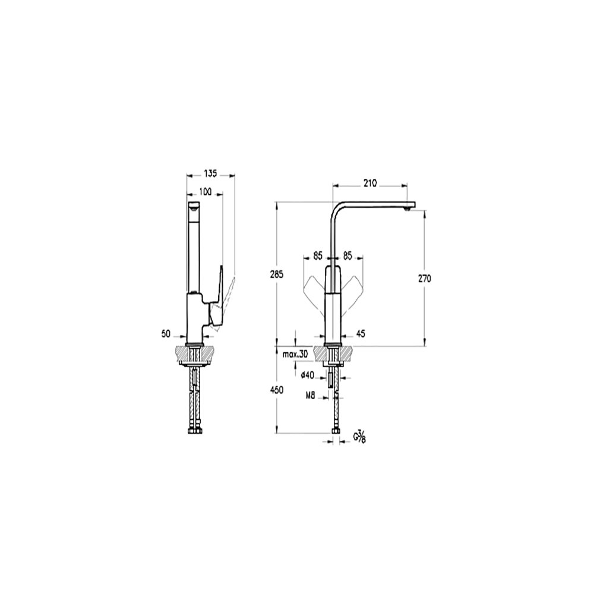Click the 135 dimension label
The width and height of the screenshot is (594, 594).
210,173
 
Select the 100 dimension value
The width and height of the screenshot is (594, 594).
205,192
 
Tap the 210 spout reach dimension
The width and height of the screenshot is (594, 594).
370,184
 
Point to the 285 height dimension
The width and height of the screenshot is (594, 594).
277,274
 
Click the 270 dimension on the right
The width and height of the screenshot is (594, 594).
424,279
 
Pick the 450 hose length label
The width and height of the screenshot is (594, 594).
277,390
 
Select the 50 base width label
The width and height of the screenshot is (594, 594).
166,334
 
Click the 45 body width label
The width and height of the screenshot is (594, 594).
361,334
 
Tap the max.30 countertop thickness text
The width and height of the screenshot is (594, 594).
295,355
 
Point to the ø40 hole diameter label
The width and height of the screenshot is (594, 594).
307,375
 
